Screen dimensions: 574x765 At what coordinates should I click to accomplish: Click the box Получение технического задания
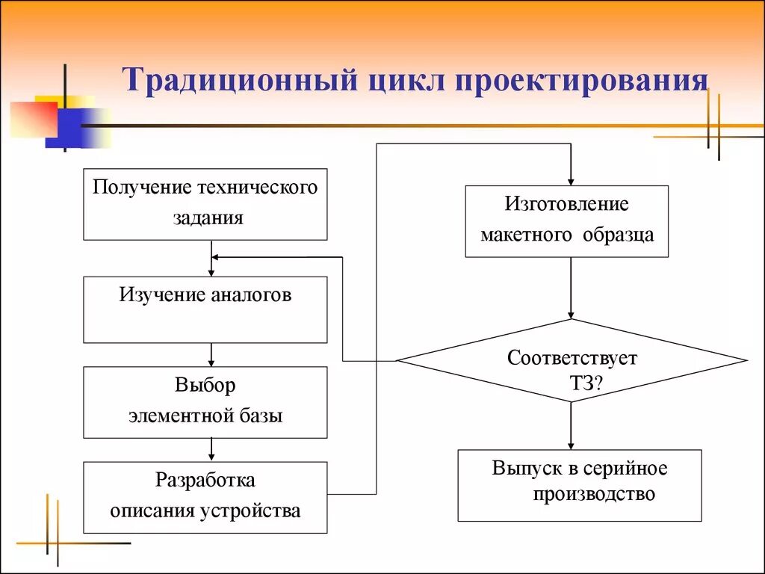[x=205, y=203]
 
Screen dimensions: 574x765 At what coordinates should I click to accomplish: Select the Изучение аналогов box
[x=205, y=309]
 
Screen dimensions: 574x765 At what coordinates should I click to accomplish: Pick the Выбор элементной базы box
[x=205, y=401]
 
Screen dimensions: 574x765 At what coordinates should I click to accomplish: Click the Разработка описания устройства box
[x=205, y=496]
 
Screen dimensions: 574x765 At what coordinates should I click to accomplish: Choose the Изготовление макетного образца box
[x=566, y=221]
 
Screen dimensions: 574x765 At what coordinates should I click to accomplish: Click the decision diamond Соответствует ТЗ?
[x=571, y=361]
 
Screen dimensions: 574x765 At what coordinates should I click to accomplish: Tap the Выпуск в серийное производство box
[x=579, y=485]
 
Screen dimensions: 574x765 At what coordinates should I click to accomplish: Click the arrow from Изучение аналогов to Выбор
[x=212, y=355]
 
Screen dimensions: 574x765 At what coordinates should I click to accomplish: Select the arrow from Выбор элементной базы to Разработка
[x=212, y=449]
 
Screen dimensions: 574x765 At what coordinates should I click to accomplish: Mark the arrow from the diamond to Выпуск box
[x=571, y=426]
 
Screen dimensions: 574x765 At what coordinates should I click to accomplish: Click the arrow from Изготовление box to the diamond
[x=571, y=288]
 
